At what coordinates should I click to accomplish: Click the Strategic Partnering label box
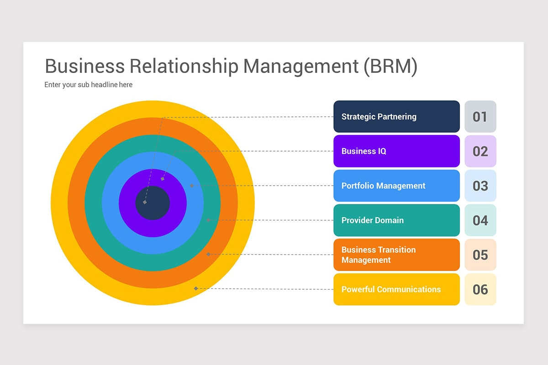point(396,116)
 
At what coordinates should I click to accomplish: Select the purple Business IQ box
point(396,151)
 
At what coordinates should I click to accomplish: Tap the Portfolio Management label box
point(396,186)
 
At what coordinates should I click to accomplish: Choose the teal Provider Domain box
point(396,220)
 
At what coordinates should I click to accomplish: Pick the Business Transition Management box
point(396,255)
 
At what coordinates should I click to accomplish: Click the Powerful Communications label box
point(396,289)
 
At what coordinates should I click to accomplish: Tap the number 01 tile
point(480,116)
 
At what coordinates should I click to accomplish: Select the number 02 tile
point(480,151)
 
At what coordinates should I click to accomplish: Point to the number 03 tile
point(480,186)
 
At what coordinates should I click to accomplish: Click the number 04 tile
point(480,220)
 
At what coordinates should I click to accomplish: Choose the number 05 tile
point(480,255)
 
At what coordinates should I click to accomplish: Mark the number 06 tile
point(480,289)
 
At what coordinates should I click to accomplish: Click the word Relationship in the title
point(184,67)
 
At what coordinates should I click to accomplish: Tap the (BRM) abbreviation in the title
point(390,67)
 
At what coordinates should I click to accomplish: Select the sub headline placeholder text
point(88,84)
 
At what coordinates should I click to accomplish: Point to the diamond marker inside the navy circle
point(145,202)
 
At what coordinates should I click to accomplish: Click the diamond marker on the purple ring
point(163,179)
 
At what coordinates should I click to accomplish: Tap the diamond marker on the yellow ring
point(196,288)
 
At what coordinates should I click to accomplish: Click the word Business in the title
point(85,66)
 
